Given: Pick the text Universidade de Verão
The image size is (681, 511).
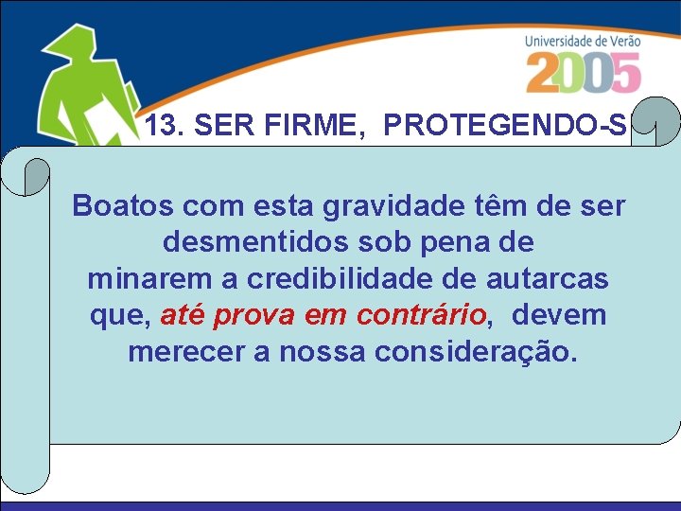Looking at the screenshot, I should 583,41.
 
